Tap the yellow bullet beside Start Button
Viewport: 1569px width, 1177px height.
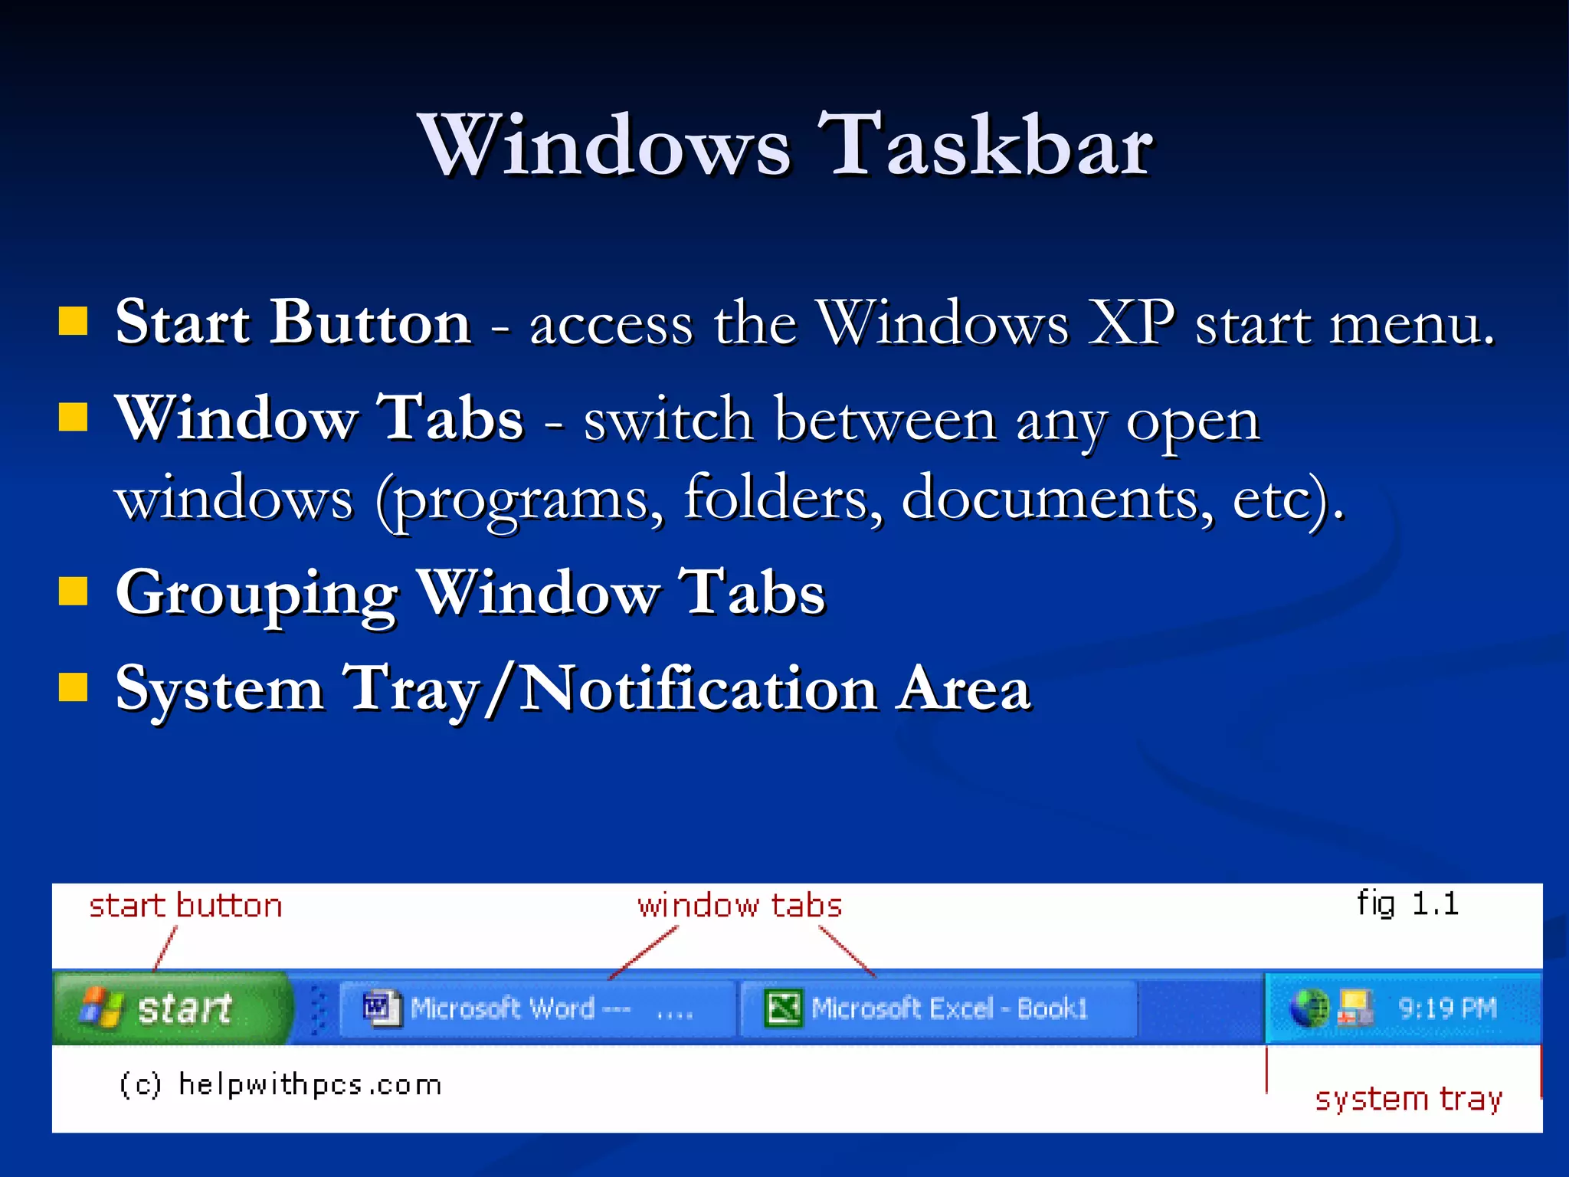73,322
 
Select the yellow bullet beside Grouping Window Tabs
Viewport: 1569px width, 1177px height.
73,592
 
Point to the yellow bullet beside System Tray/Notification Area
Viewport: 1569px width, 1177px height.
73,687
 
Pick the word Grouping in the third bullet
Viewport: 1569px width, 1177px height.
257,594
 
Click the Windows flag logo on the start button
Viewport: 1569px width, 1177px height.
101,1007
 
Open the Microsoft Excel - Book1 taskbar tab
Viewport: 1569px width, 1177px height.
938,1008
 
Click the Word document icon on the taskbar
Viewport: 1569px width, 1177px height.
381,1008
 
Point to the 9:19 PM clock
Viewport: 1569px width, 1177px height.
1447,1008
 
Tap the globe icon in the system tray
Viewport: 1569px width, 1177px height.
1309,1008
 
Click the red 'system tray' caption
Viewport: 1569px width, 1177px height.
1408,1099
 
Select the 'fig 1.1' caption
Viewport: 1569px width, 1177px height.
1407,904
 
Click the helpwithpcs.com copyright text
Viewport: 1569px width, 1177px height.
280,1085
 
